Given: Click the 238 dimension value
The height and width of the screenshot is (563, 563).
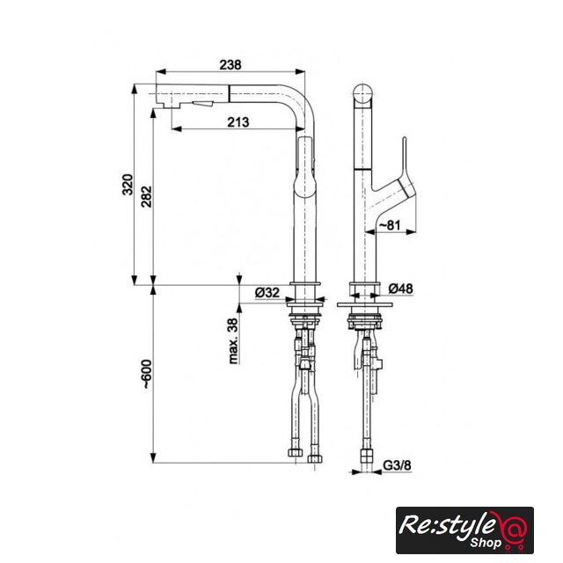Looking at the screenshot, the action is coord(230,65).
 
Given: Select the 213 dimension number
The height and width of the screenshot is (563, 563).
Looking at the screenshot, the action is coord(238,122).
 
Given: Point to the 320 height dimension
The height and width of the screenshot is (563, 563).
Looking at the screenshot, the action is coord(128,184).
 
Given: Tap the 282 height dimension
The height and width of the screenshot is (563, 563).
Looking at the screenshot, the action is coord(147,196).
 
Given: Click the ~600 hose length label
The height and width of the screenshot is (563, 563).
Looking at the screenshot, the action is coord(147,374).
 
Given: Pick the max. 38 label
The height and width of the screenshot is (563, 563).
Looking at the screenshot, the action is coord(233,341).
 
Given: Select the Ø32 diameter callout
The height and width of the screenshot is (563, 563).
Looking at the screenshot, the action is coord(267,292).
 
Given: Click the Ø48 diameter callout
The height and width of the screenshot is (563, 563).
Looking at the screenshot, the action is coord(401,289).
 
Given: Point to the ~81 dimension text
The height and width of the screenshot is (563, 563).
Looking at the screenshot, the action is coord(390,225).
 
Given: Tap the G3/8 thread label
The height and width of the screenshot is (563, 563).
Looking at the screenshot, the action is coord(397,465).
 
